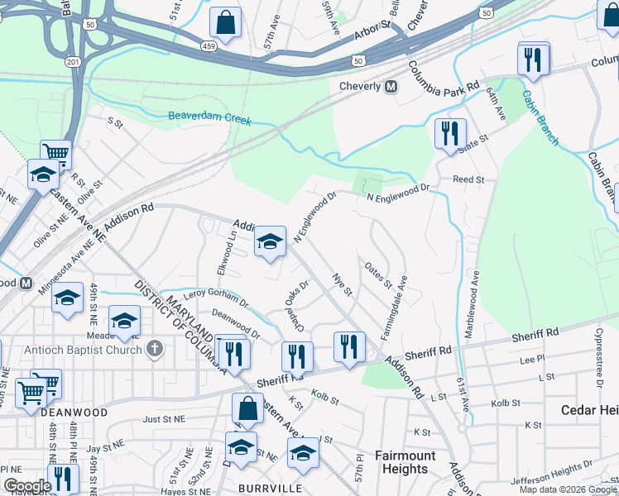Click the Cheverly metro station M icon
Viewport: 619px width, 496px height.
[x=391, y=87]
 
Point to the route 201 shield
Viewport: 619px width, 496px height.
[x=74, y=62]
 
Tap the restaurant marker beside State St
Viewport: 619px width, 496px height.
[x=450, y=134]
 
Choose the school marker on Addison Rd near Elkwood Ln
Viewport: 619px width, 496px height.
[x=269, y=242]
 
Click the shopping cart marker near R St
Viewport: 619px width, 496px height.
[x=55, y=154]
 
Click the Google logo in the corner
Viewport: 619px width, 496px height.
[x=26, y=486]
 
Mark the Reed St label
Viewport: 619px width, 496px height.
[x=468, y=179]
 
